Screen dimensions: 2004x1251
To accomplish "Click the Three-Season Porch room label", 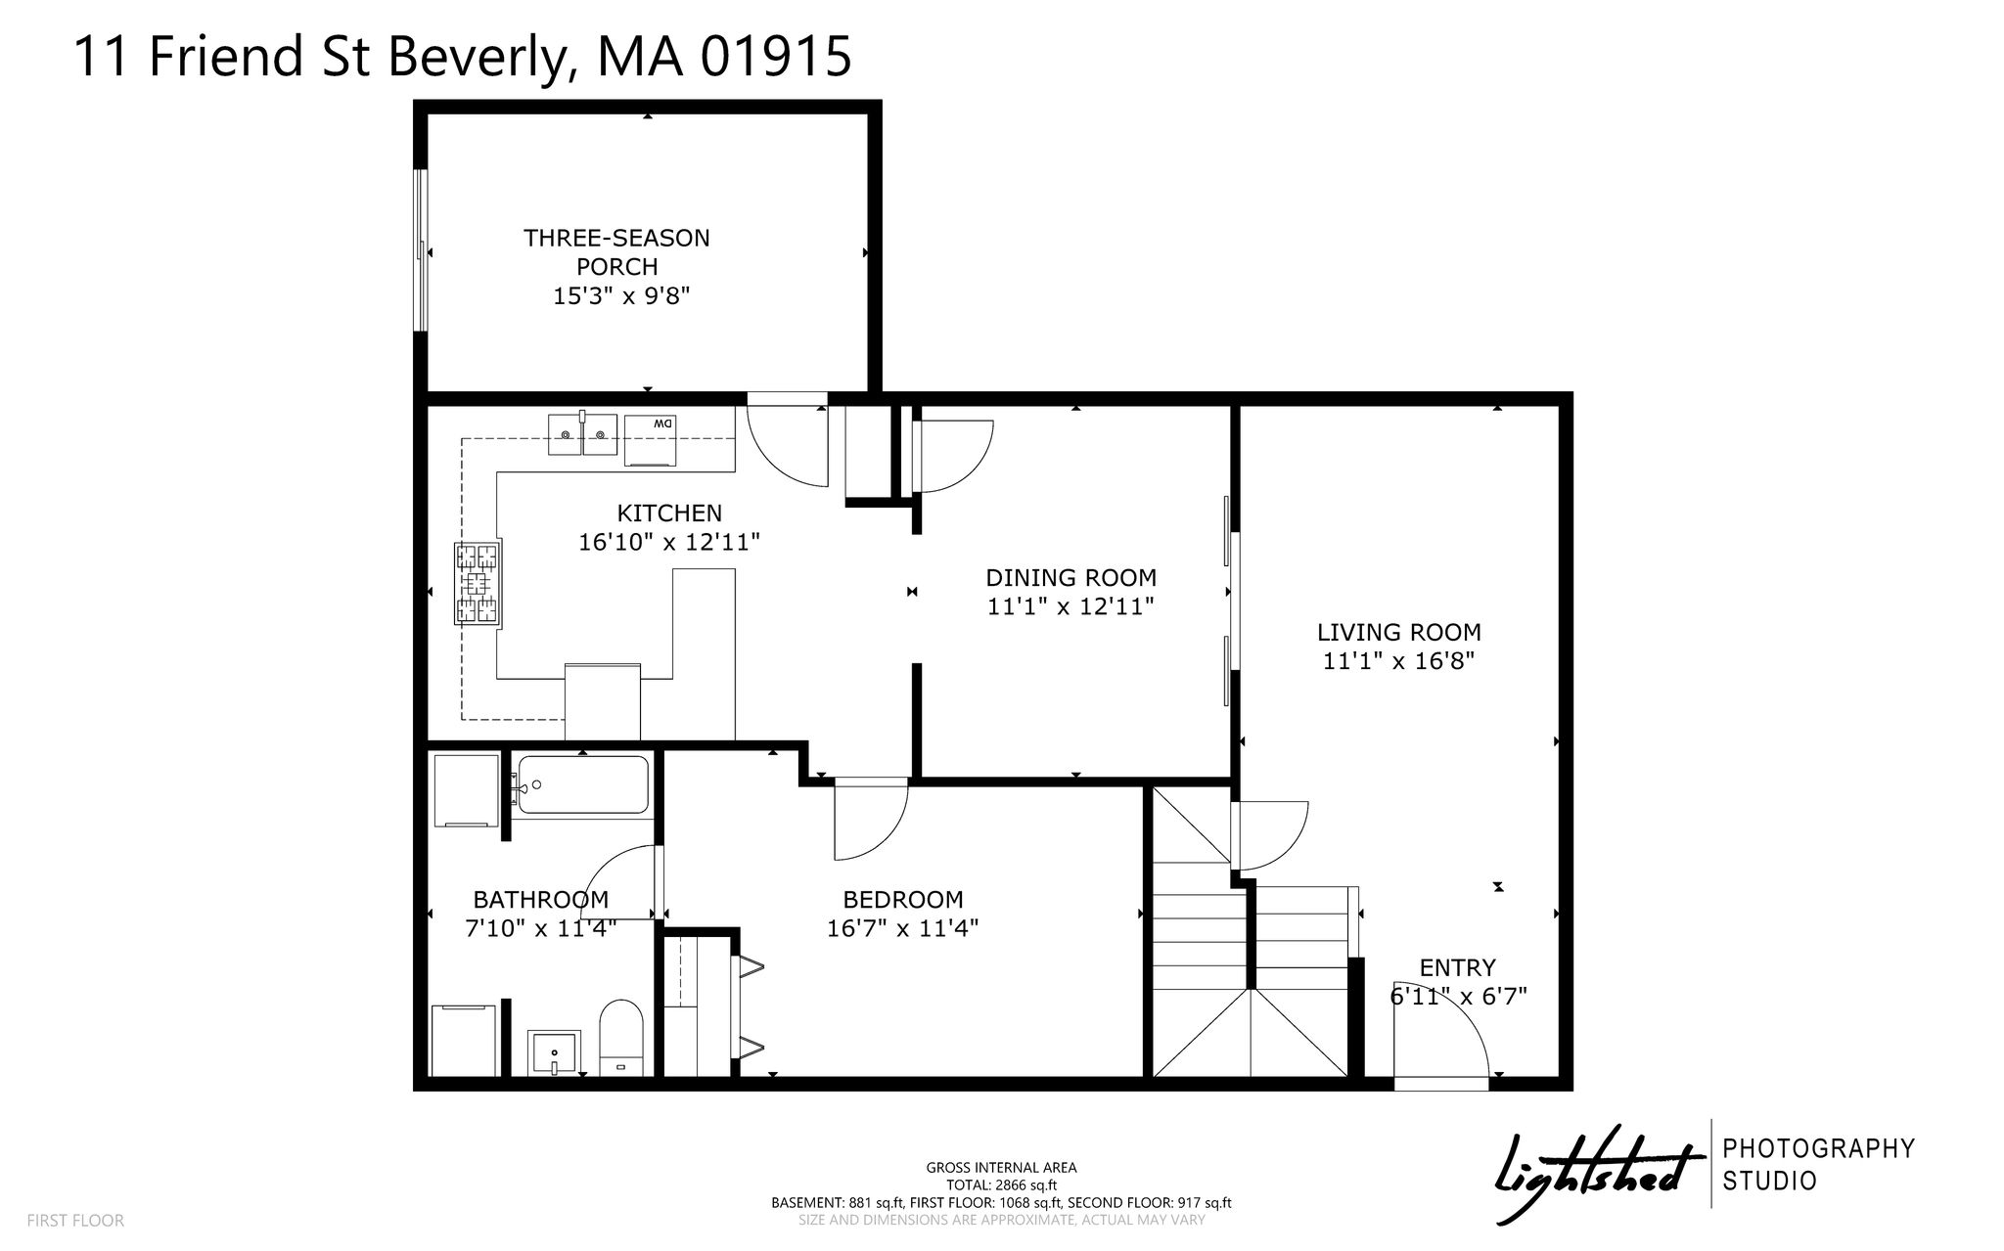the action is click(x=616, y=251).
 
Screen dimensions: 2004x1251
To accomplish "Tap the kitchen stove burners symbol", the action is click(x=478, y=584).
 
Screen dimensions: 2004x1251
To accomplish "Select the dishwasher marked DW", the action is click(x=651, y=435).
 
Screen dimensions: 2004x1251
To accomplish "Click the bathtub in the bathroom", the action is click(x=583, y=784).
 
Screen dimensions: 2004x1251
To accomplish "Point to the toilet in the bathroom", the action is click(x=618, y=1037).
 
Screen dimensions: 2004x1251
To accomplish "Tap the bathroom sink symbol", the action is click(x=554, y=1052).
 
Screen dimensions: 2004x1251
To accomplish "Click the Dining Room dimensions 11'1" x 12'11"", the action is click(x=1070, y=606).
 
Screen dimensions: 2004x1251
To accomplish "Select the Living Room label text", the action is click(x=1398, y=632).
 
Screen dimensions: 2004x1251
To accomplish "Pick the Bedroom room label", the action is click(x=902, y=899).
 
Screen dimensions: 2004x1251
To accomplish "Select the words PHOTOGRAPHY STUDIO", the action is click(x=1818, y=1164).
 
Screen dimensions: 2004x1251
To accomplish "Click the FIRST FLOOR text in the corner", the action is click(x=75, y=1221).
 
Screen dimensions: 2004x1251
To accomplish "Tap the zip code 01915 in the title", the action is click(x=775, y=56).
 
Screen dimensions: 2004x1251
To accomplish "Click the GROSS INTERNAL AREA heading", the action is click(x=1001, y=1167).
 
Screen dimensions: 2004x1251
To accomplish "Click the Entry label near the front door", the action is click(x=1457, y=967).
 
